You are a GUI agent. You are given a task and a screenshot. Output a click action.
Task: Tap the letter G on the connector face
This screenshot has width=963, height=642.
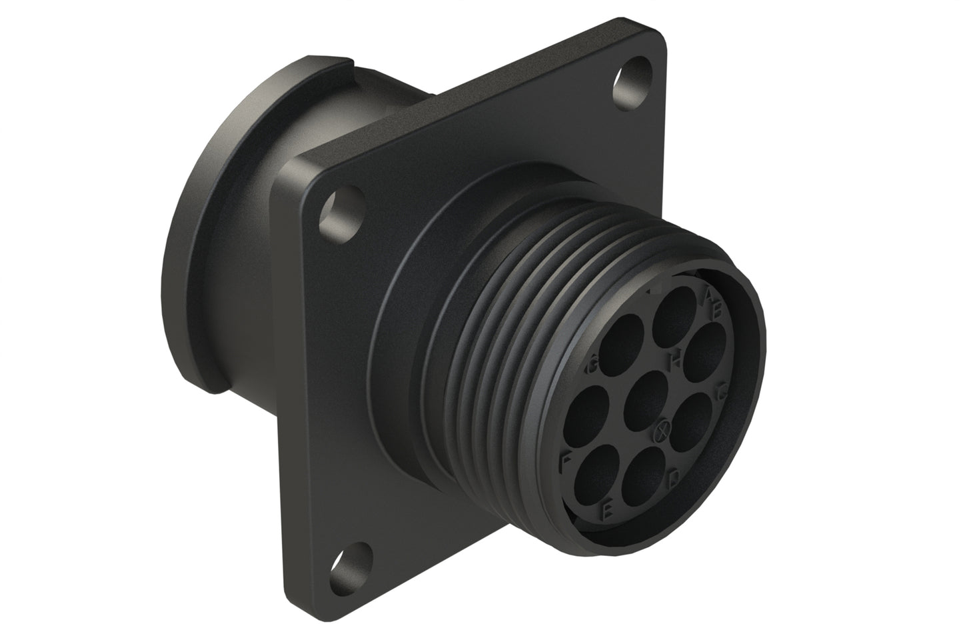(590, 366)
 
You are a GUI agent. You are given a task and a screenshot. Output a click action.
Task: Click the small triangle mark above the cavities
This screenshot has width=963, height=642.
(653, 291)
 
